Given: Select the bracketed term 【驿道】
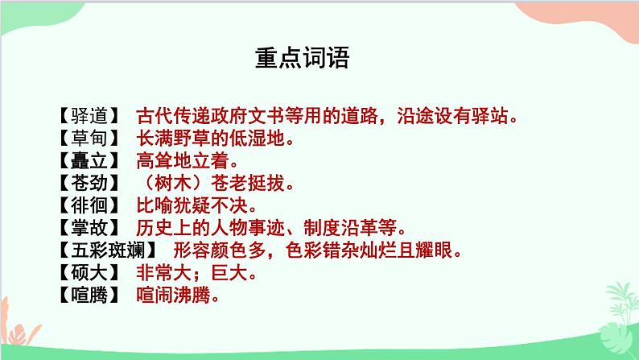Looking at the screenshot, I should tap(89, 115).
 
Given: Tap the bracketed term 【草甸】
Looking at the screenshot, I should tap(89, 138).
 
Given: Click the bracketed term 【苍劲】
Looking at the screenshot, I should tap(89, 183).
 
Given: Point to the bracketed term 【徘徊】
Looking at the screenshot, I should tap(89, 205).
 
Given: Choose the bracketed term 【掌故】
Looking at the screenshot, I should tap(89, 228).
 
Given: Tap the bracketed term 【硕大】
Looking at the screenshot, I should tap(89, 274).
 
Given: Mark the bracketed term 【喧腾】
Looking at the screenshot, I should tap(89, 296).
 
